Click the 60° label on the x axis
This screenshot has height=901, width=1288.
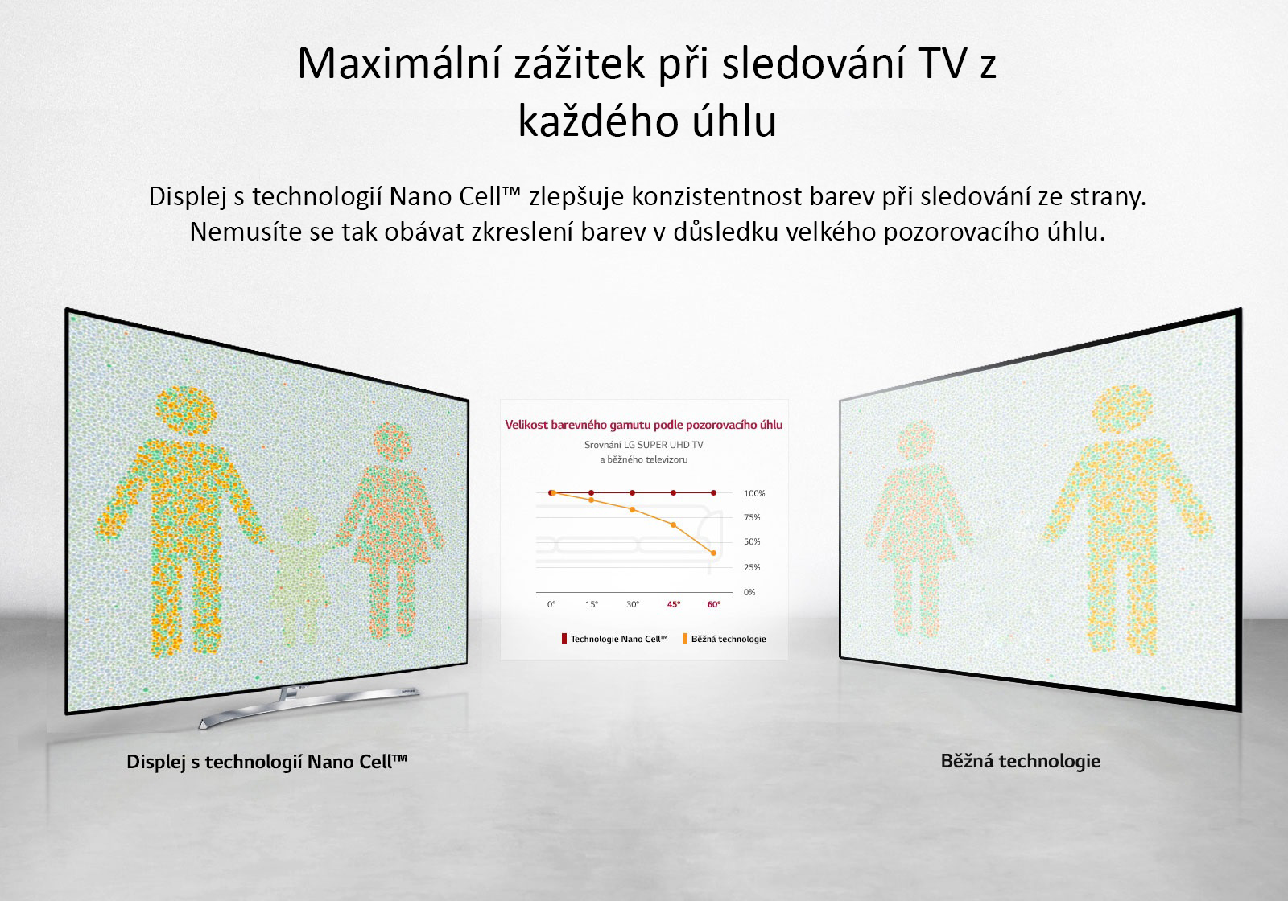(713, 604)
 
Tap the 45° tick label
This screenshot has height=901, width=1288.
(673, 604)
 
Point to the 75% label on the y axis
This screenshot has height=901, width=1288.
(752, 517)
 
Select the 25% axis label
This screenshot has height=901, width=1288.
(752, 567)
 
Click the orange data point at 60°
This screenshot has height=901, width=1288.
(713, 553)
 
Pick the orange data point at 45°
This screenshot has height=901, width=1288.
(673, 525)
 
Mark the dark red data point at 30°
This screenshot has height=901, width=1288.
(633, 492)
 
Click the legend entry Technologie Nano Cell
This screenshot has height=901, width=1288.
(615, 639)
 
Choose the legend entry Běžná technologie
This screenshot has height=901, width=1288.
(724, 639)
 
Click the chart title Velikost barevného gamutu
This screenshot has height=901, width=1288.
(643, 425)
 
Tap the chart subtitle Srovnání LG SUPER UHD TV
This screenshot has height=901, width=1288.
(643, 445)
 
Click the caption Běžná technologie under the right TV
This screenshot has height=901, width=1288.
(1021, 761)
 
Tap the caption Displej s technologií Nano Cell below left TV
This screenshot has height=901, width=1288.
(266, 761)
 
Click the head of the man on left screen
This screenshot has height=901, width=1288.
(186, 409)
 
